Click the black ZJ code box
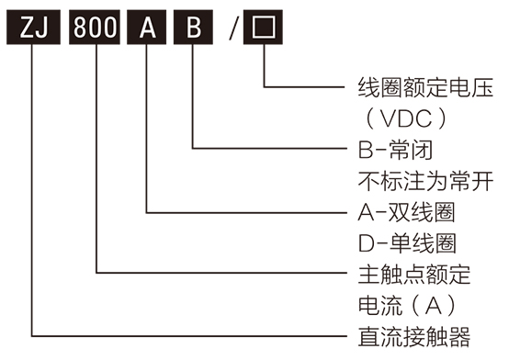pos(33,27)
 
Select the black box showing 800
pos(96,27)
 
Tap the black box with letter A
pos(147,27)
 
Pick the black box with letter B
pos(193,27)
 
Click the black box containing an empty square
pos(264,27)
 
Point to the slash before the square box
pos(234,28)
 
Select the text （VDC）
pos(404,119)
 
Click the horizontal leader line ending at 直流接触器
pos(184,333)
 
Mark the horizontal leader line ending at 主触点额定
pos(221,273)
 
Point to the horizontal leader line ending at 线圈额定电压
pos(303,87)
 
